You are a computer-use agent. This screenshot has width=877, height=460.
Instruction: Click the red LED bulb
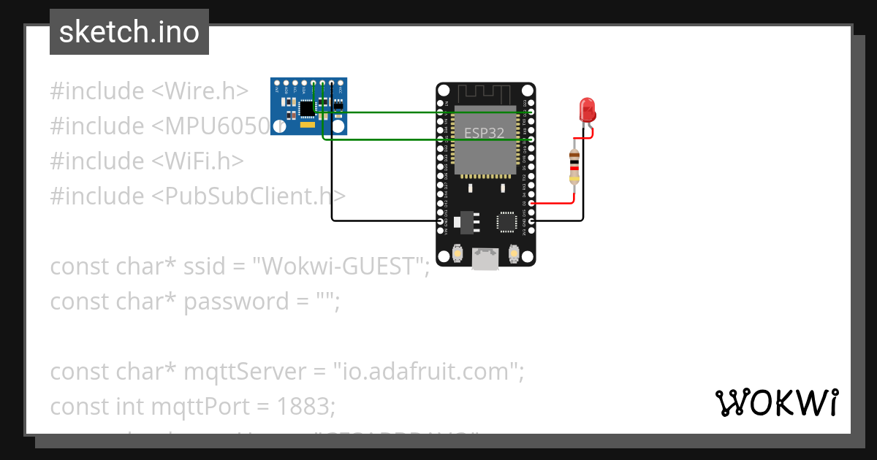click(x=588, y=110)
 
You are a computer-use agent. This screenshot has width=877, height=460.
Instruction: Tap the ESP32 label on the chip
click(x=484, y=134)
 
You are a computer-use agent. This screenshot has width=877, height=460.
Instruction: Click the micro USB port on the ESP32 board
click(x=485, y=258)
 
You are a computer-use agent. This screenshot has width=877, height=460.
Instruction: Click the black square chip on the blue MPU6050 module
click(x=307, y=109)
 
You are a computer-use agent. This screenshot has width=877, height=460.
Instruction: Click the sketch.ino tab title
click(x=129, y=32)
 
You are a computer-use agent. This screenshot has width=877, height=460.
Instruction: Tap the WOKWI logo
click(x=776, y=402)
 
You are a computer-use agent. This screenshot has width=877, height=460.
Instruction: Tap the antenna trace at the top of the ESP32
click(x=485, y=94)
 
